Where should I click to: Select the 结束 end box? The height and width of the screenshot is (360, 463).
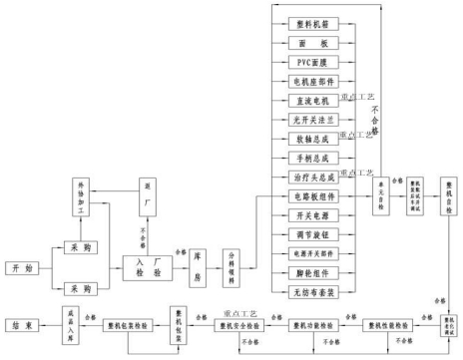click(23, 325)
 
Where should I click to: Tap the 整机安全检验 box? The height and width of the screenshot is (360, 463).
click(244, 326)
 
